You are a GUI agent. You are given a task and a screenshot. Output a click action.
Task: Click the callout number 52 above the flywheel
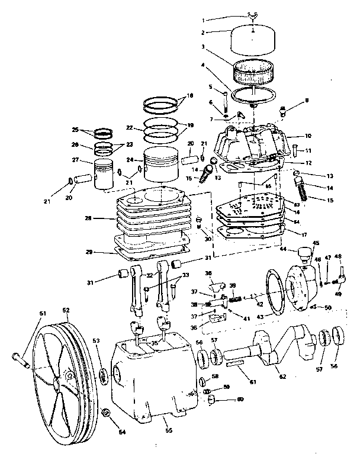(66, 310)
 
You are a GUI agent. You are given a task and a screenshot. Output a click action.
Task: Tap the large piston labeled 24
(160, 165)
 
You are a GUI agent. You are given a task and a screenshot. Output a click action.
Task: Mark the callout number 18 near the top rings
(189, 95)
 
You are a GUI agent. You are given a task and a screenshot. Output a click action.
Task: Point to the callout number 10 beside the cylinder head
(308, 136)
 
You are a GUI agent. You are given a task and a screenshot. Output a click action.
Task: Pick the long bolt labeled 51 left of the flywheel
(22, 357)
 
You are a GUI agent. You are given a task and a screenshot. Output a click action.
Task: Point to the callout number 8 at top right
(306, 101)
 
